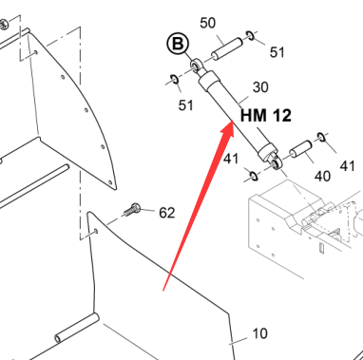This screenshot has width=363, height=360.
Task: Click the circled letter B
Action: pos(178,44)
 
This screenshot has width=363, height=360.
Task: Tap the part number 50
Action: pos(208,23)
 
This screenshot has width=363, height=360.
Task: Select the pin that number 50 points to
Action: pos(227,48)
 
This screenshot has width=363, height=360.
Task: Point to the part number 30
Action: pos(260,87)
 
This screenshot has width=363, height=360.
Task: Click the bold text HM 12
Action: pos(266,115)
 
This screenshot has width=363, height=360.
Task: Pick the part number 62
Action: pos(167,213)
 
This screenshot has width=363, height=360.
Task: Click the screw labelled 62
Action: pos(131,209)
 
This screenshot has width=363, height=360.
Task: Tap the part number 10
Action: pos(260,333)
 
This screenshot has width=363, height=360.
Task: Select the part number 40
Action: pos(322,176)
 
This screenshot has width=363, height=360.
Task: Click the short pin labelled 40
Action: pos(301,149)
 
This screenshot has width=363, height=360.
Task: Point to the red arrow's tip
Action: pos(233,121)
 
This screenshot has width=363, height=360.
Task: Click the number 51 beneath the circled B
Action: pos(185,105)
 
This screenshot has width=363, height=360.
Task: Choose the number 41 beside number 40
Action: pos(347,166)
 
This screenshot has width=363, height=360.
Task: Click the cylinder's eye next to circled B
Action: pos(197,65)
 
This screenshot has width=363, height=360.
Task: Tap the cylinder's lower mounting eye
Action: pos(276,163)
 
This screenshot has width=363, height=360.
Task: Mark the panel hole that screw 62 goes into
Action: pos(96,232)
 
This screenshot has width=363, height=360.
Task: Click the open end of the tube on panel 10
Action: pos(58,338)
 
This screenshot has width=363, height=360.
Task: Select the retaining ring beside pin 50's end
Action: pos(251,35)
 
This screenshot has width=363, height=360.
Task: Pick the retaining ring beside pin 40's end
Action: pos(321,137)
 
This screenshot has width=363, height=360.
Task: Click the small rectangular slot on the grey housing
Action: pos(321,248)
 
